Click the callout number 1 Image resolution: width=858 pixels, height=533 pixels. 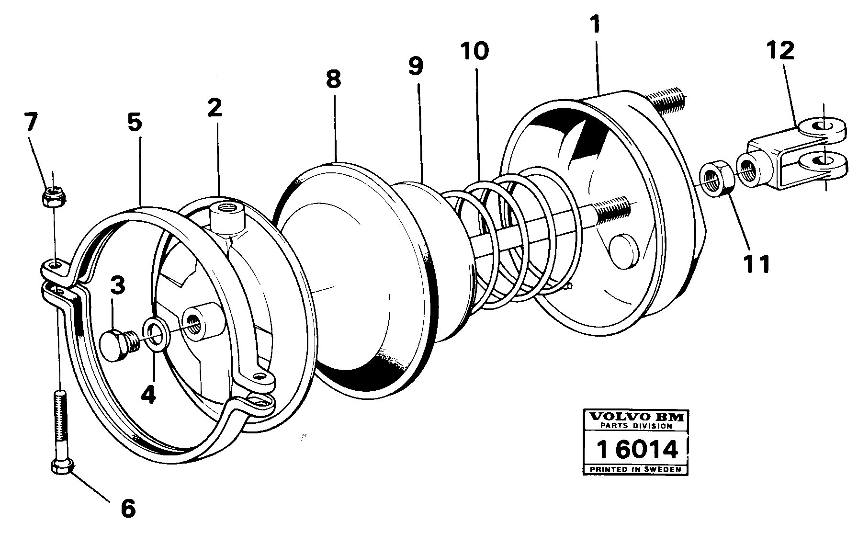pos(595,25)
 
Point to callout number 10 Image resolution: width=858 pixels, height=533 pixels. pos(474,51)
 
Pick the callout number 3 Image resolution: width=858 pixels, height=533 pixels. pos(117,286)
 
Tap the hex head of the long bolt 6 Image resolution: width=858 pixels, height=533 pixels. pos(61,466)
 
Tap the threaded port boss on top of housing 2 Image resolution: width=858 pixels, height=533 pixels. pos(228,216)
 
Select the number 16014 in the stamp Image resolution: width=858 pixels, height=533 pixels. pos(636,450)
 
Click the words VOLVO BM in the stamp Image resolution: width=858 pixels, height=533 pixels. pos(636,416)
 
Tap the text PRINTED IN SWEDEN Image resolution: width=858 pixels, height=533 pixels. pos(635,469)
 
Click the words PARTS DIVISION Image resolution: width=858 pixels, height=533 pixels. pos(636,425)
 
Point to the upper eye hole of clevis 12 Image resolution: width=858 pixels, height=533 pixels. pos(822,125)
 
